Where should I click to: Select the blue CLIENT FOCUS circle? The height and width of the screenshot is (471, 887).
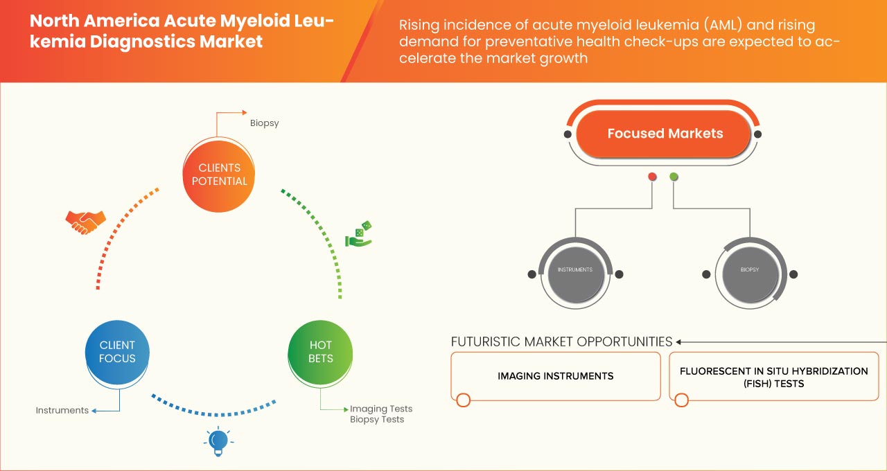tap(118, 352)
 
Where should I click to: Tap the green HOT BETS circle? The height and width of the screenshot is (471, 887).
tap(320, 352)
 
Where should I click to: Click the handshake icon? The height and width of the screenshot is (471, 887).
tap(85, 222)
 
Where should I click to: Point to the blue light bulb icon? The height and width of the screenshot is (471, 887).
tap(218, 441)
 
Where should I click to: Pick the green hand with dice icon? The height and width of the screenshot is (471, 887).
tap(359, 234)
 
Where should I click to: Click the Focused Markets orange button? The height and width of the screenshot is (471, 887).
tap(665, 134)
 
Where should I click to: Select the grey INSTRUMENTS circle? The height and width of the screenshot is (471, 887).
tap(575, 269)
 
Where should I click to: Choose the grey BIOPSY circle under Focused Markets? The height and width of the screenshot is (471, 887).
tap(750, 269)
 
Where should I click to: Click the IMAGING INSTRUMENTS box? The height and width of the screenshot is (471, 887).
tap(555, 376)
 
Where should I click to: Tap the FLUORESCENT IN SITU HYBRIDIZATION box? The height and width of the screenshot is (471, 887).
tap(773, 377)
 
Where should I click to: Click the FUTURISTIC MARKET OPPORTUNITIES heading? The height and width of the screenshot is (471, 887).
tap(561, 341)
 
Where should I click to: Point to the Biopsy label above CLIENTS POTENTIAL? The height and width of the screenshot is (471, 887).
tap(264, 123)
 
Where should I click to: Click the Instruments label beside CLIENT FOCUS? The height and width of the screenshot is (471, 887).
tap(62, 410)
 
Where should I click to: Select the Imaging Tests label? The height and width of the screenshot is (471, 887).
tap(381, 409)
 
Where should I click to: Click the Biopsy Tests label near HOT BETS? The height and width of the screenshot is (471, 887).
tap(377, 419)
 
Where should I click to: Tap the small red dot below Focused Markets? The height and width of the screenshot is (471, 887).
tap(652, 177)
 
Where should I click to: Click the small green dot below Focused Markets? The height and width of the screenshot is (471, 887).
tap(674, 177)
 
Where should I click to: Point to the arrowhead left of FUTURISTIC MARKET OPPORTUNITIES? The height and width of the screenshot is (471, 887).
tap(679, 341)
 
